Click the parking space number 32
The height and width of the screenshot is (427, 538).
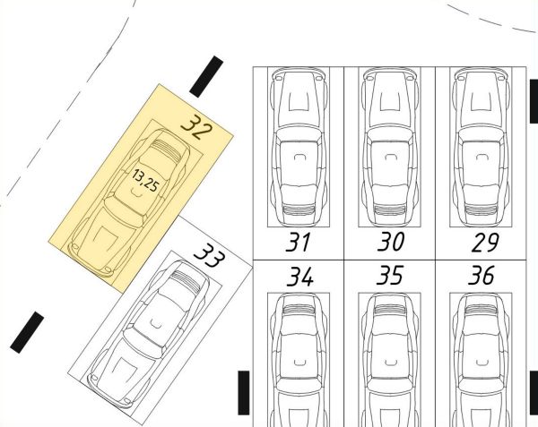point(196,127)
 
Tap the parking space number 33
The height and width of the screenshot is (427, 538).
point(210,255)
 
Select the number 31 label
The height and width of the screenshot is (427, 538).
point(298,242)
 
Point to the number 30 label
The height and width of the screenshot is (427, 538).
point(390,242)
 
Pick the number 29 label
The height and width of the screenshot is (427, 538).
point(485,243)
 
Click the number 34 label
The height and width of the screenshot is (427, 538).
point(300,277)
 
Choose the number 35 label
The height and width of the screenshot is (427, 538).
point(390,275)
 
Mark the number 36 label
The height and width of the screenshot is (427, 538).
point(482,275)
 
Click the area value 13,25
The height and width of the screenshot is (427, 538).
point(145,181)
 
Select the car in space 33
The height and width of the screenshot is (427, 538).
point(149,334)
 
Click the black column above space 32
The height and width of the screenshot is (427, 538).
point(206,77)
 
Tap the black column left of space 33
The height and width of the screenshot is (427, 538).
point(27,332)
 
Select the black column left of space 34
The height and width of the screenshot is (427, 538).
point(244,393)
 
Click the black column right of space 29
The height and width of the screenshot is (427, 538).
point(534,101)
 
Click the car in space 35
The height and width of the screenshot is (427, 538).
point(390,360)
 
